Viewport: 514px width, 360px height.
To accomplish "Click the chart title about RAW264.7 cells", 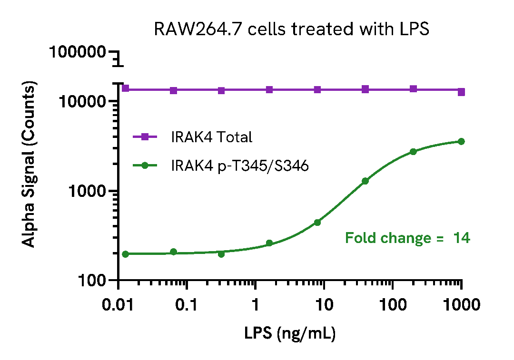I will pos(291,29).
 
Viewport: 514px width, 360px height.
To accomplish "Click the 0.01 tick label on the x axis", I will pos(118,304).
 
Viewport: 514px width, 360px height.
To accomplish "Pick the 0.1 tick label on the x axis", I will pos(187,304).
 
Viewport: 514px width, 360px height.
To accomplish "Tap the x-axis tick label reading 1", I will pos(256,304).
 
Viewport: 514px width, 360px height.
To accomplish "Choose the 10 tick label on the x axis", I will pos(324,304).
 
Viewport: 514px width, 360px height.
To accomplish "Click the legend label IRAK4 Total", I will pos(211,137).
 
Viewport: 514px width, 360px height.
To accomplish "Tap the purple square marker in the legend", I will pos(146,137).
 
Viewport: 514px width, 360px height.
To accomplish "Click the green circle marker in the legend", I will pos(146,166).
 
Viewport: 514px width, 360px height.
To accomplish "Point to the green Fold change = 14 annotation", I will pos(407,238).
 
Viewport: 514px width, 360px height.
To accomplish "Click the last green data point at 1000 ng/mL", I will pos(461,141).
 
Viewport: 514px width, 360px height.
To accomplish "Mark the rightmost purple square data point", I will pos(461,92).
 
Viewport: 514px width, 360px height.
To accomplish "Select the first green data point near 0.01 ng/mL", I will pos(126,254).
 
